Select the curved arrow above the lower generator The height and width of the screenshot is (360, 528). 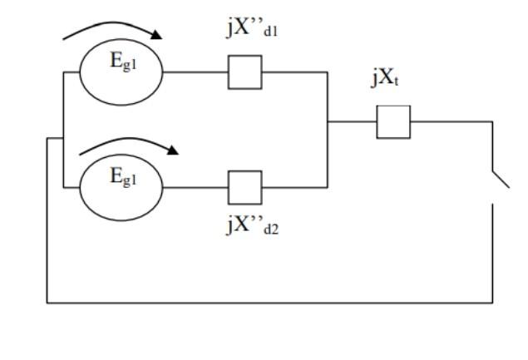coord(125,144)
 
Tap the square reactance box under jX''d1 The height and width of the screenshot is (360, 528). coord(244,72)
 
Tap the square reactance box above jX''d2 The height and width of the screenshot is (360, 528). coord(244,186)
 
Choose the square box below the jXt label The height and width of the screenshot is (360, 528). coord(393,122)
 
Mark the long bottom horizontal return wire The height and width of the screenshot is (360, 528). coord(266,301)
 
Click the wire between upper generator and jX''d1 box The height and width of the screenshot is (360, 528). coord(195,72)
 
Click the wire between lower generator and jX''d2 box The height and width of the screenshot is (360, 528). coord(195,186)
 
